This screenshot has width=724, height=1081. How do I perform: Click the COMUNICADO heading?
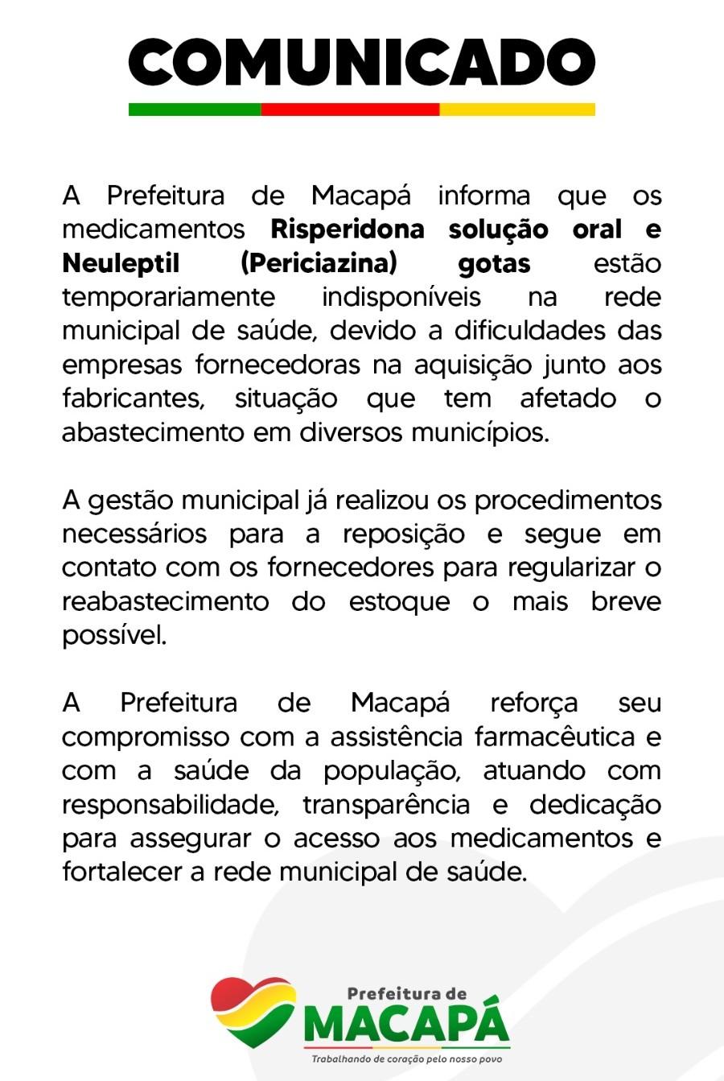362,63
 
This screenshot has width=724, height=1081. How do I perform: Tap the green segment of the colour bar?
195,109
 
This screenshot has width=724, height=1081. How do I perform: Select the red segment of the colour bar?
350,109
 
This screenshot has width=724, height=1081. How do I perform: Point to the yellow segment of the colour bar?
517,109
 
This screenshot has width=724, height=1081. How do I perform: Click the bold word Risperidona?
348,229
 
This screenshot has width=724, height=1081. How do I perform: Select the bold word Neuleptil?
121,263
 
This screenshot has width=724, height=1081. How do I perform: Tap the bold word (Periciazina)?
319,263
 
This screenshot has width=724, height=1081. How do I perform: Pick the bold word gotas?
494,263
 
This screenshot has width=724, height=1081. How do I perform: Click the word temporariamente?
168,297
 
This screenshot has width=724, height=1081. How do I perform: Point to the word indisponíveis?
401,297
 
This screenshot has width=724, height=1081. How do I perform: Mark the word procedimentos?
568,500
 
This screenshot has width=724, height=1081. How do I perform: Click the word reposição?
403,534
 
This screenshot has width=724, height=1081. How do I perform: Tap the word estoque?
399,601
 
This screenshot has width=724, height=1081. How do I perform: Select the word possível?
114,635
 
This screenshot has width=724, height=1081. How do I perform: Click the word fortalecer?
122,872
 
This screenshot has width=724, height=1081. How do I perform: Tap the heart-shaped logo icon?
253,1011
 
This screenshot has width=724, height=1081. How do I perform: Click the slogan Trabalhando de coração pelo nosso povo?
406,1059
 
